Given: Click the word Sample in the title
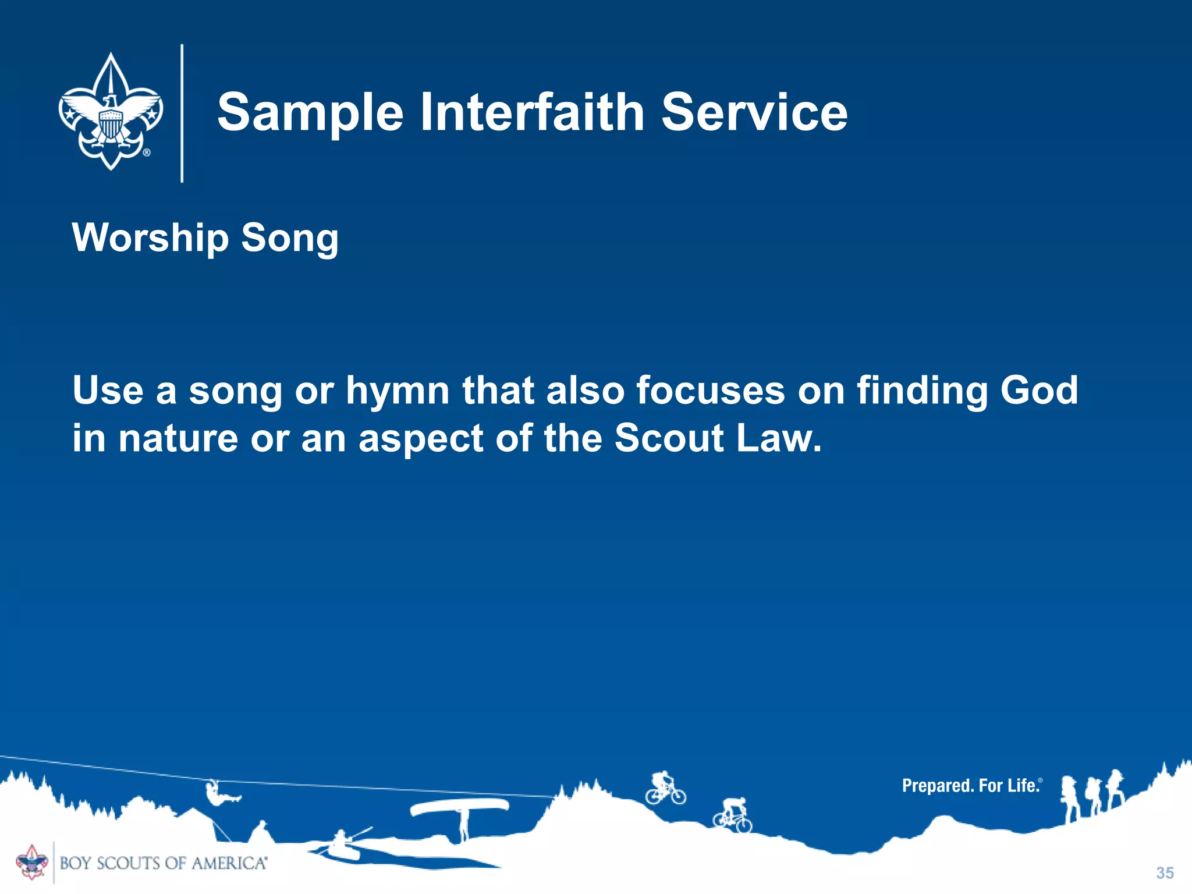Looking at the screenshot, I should coord(310,113).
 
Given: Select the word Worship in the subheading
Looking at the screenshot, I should coord(150,239).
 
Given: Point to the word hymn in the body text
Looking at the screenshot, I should coord(398,391).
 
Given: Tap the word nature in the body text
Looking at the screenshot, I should coord(178,438).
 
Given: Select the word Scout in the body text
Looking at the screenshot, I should coord(669,438).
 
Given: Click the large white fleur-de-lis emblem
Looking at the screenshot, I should coord(111,112).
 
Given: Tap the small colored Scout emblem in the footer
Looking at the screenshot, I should coord(32,862).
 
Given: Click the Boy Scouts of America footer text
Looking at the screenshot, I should coord(164,863).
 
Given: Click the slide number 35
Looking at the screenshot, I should coord(1165,872).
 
